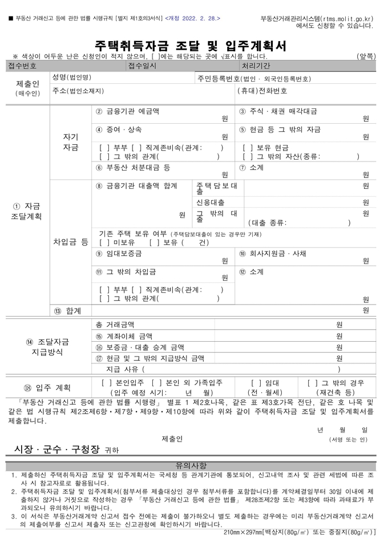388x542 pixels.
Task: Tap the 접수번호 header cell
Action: (23, 66)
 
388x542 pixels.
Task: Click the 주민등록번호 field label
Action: (253, 78)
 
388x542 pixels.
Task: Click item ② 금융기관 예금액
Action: (128, 111)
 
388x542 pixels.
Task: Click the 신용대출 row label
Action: (210, 203)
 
